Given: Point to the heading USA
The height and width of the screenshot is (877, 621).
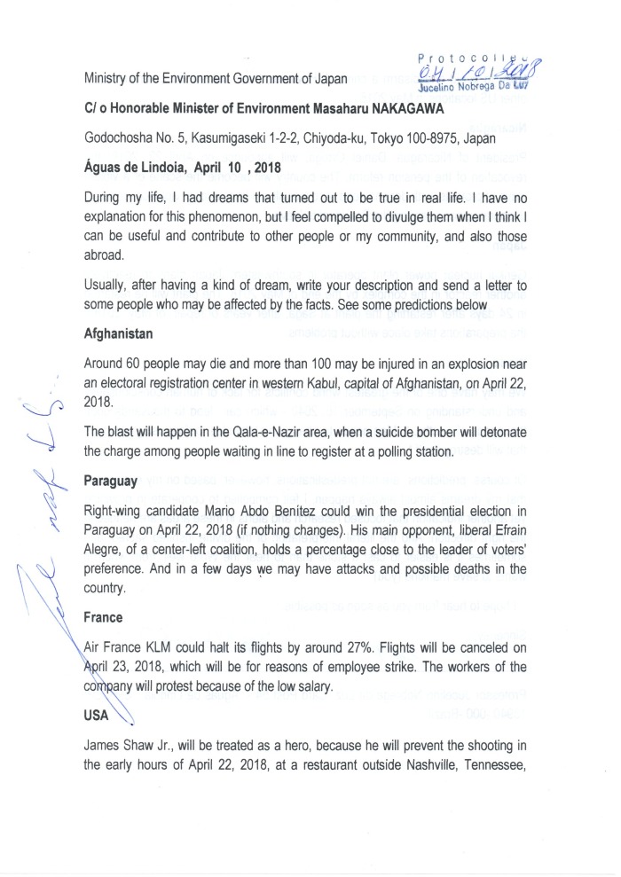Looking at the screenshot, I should tap(98, 716).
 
